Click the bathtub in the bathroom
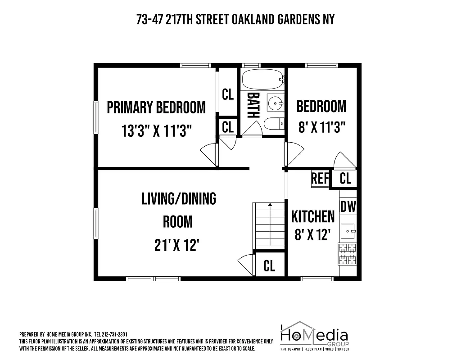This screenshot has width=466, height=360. point(262,79)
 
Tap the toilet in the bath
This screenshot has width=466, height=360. point(273,123)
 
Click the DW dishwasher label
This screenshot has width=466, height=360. point(348,207)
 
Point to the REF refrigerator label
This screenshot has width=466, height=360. point(320,179)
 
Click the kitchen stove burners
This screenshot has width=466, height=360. point(347,254)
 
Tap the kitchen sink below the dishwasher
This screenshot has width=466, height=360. point(348,232)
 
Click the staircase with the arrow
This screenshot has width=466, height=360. point(270,225)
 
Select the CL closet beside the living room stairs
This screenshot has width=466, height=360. point(269,265)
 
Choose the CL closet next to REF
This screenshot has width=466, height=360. point(345,179)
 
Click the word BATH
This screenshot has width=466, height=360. point(253,105)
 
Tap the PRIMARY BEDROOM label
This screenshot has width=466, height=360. point(156,108)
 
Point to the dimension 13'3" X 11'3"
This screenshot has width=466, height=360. point(157,131)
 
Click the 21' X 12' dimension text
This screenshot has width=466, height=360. point(177,246)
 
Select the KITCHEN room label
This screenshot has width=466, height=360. point(313,216)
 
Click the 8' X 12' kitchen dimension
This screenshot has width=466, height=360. point(313,234)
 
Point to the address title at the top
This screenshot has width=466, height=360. point(235,19)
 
